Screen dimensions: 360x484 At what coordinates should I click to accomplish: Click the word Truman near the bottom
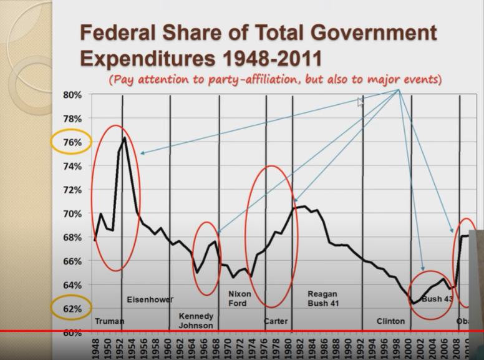point(109,321)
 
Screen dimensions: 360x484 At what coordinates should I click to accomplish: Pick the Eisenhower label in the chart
point(150,299)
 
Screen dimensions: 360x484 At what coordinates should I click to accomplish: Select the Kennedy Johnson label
point(196,321)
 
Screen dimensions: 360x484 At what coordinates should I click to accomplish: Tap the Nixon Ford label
point(239,298)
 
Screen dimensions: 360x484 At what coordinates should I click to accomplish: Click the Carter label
point(275,321)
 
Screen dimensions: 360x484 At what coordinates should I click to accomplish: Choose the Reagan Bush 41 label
point(322,298)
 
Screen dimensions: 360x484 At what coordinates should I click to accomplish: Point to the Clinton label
point(390,321)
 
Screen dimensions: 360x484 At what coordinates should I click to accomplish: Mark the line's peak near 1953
point(125,137)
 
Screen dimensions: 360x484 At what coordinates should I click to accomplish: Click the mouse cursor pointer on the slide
point(360,101)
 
